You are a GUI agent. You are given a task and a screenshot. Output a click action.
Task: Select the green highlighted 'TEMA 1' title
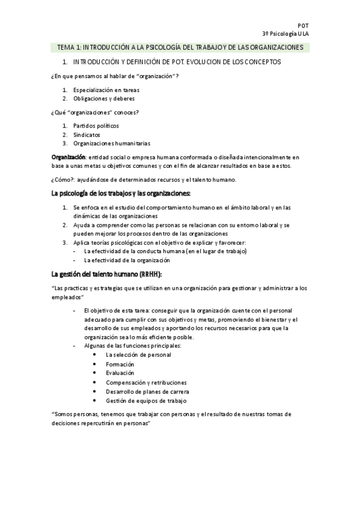pos(180,47)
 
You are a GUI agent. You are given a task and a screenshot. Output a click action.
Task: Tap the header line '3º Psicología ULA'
pos(285,33)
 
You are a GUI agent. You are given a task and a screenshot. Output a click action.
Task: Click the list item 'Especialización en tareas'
pos(107,90)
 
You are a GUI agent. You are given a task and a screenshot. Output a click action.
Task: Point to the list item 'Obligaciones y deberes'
pos(104,99)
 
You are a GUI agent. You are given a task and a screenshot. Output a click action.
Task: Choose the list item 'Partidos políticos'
pos(96,126)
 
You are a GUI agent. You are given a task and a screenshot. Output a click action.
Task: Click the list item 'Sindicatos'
pos(87,135)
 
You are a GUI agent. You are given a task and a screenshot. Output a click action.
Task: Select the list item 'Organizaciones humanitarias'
pos(112,144)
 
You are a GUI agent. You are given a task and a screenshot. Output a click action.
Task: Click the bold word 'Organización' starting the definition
pos(69,156)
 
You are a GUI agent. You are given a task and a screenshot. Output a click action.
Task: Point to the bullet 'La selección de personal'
pos(138,355)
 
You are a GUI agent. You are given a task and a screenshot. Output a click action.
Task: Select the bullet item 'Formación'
pos(120,364)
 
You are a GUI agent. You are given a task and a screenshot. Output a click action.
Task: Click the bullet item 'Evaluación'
pos(120,373)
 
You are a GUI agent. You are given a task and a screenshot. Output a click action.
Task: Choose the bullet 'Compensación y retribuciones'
pos(146,382)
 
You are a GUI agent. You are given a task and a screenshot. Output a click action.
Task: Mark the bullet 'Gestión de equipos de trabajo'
pos(146,400)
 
